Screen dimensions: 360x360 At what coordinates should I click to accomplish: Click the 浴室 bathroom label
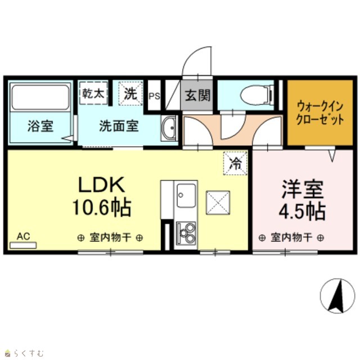40,126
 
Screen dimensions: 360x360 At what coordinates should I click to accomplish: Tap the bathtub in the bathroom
40,97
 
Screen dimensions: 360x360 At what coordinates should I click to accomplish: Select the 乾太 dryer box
93,93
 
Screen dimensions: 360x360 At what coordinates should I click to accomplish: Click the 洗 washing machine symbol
130,93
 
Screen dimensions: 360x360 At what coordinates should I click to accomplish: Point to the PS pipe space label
154,96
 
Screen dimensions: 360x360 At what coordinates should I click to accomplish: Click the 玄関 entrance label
197,95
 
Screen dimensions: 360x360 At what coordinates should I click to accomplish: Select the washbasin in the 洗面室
169,128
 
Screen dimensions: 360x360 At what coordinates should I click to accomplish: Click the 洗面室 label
119,126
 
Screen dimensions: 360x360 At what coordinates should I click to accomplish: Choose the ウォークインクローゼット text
320,113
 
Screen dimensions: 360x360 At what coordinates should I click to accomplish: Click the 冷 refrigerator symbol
236,164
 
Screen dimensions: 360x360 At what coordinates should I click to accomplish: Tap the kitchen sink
186,195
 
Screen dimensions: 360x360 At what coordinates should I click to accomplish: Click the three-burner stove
186,233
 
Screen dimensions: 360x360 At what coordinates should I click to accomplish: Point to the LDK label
102,184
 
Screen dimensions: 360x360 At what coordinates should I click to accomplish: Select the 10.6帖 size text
102,208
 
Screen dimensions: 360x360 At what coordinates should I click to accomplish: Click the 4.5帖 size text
302,211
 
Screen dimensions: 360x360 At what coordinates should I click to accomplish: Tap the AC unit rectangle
23,245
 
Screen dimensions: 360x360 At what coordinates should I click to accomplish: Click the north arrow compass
337,296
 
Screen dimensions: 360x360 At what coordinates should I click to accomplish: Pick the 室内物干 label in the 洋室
291,237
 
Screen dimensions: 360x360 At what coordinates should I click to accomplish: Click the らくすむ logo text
29,353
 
